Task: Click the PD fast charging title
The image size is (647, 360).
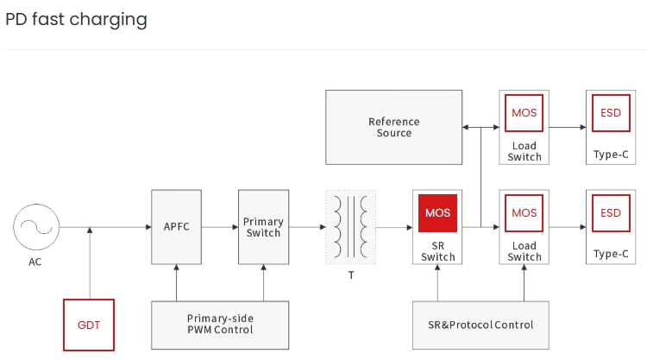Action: pos(76,19)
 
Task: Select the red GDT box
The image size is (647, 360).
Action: pos(89,325)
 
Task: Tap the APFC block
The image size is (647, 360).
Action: pos(176,228)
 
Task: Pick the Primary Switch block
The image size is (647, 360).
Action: pos(263,228)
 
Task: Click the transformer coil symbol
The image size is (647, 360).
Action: pos(350,228)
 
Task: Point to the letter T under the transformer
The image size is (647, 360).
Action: pos(350,275)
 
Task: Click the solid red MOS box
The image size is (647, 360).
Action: pos(437,213)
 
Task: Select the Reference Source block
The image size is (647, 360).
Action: pos(393,127)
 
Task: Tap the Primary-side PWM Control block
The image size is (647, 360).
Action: pos(220,325)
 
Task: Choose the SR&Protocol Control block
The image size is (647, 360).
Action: pos(481,325)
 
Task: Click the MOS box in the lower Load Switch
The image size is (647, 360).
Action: pos(524,213)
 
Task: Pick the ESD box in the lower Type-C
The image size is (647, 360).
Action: pos(610,213)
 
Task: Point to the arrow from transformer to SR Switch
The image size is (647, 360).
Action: pos(394,228)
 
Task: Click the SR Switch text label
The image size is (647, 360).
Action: pos(437,251)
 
